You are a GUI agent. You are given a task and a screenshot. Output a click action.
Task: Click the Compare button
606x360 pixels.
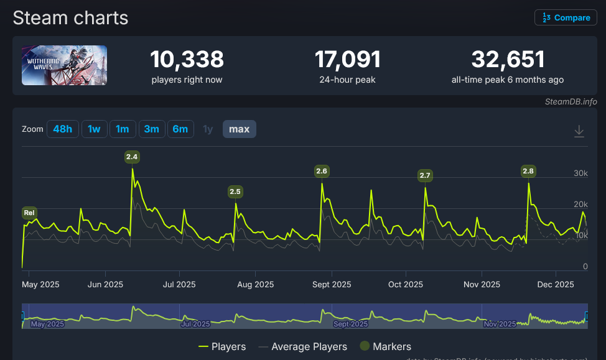tap(566, 17)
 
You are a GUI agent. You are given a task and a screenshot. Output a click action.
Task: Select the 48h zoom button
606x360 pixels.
tap(62, 129)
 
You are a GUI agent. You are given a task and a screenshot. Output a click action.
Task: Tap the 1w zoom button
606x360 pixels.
tap(94, 129)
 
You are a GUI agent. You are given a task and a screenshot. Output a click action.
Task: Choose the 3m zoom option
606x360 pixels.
tap(151, 129)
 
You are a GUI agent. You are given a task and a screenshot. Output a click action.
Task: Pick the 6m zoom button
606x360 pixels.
tap(180, 129)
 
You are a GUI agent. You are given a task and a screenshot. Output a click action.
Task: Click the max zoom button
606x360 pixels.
tap(239, 129)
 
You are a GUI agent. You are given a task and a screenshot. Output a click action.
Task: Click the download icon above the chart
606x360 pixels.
tap(579, 131)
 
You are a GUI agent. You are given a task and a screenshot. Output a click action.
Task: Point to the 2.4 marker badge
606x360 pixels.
tap(132, 157)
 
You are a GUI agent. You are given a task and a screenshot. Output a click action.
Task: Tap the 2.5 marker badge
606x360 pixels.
tap(235, 192)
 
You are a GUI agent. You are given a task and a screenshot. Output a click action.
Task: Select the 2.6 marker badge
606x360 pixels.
tap(322, 171)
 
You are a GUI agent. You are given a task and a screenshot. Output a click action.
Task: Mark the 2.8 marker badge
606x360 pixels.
tap(528, 171)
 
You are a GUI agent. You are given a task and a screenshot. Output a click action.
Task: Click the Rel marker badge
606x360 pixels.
tap(29, 213)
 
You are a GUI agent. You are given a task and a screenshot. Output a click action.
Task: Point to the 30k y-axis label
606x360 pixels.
tap(580, 173)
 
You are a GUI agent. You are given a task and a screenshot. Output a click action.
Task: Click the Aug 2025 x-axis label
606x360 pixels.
tap(256, 285)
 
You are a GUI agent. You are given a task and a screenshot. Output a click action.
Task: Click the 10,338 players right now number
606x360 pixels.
tap(187, 60)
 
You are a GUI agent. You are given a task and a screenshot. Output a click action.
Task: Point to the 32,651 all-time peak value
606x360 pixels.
tap(508, 60)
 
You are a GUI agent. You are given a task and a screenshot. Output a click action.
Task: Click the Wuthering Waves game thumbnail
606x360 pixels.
tap(64, 65)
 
